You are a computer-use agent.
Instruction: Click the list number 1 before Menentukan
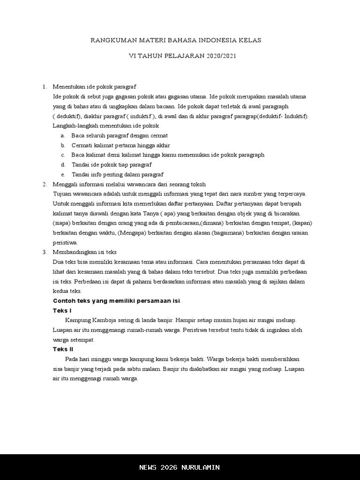tap(45, 87)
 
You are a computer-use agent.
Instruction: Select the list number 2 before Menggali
tap(45, 184)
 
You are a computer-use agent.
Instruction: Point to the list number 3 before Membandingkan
tap(45, 252)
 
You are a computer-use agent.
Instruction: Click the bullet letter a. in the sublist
tap(63, 135)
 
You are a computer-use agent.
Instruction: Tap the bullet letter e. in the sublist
tap(63, 174)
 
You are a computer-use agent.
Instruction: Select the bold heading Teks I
tap(62, 311)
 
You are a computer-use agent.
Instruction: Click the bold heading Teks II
tap(63, 349)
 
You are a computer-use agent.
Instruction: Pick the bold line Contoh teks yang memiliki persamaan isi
tap(117, 301)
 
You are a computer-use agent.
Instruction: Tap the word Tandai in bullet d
tap(81, 165)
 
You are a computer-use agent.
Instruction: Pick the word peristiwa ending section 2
tap(65, 243)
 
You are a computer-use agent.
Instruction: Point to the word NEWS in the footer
tap(148, 467)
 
